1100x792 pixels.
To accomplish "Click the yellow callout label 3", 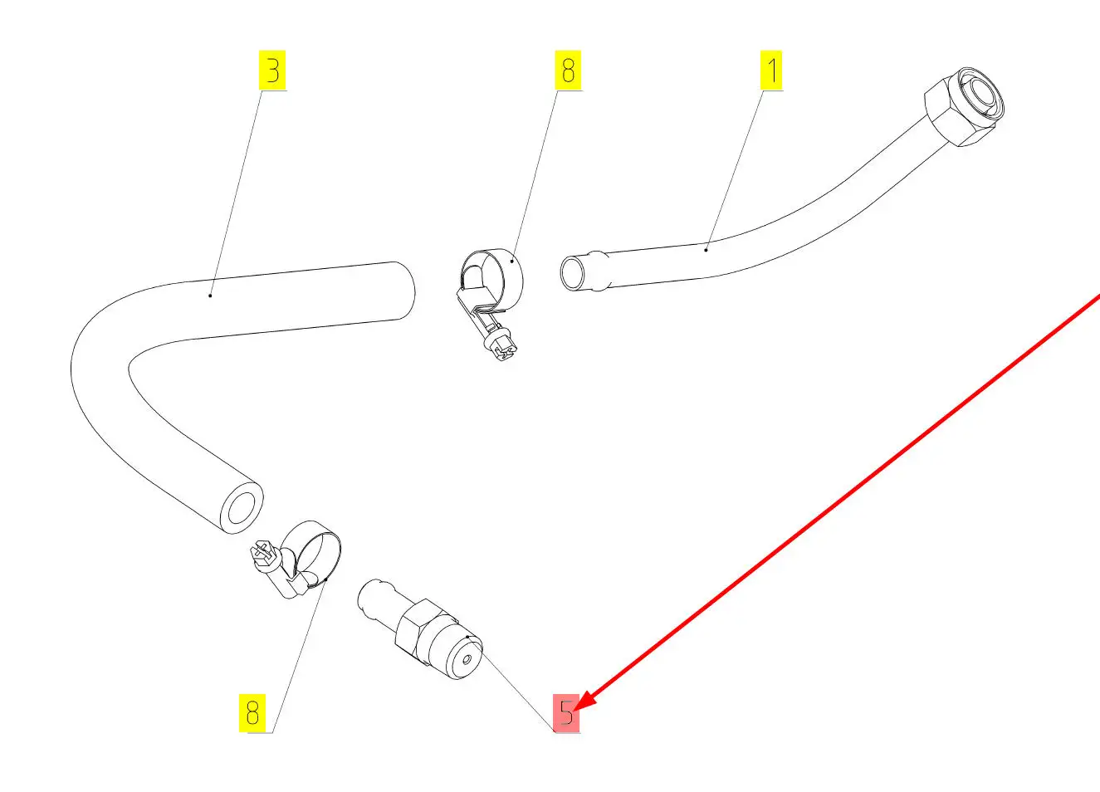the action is coord(272,71).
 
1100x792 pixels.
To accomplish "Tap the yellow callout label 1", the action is coord(772,71).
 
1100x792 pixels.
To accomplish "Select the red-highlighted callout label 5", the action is coord(567,713).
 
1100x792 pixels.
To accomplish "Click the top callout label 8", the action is coord(568,71).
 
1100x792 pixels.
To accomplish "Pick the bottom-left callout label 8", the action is coord(252,713).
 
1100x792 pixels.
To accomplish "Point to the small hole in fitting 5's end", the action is coord(467,660).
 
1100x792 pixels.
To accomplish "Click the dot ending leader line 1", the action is coord(706,248).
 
